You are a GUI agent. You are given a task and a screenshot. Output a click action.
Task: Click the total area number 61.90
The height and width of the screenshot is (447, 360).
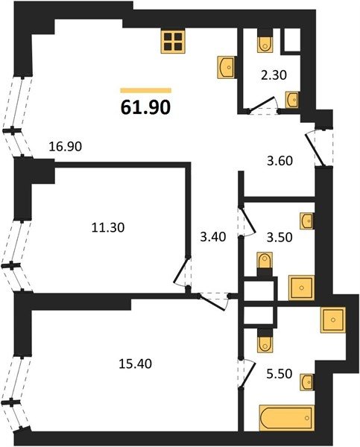pos(145,107)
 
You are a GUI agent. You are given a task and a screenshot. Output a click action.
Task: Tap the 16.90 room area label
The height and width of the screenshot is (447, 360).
pos(66,147)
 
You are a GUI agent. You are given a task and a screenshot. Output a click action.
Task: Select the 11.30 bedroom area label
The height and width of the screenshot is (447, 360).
pos(108,227)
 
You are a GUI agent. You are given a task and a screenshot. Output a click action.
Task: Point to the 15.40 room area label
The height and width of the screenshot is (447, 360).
pos(135,364)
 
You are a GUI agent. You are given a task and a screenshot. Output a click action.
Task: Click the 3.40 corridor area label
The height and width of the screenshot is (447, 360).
pos(213,237)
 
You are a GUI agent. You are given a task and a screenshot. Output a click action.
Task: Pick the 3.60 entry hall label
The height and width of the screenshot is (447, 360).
pos(280,161)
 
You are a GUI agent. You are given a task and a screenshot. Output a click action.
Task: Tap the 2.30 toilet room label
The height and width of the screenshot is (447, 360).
pos(274,75)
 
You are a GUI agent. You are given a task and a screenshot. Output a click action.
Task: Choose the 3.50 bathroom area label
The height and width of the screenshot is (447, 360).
pos(280,238)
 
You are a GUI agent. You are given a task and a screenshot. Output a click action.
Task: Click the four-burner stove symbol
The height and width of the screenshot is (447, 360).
pos(173,42)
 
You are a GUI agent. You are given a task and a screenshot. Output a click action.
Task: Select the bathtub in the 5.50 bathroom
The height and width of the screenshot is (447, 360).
pos(287,418)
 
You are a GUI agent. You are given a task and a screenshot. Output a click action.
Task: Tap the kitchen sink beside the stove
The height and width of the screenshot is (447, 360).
pos(227,67)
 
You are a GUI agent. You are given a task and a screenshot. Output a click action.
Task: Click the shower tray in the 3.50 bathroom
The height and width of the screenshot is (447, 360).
pos(302,288)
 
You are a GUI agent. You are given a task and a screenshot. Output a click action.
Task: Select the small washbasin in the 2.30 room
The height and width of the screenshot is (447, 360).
pos(292,100)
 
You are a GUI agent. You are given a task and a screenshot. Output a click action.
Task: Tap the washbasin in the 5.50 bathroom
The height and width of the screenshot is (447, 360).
pos(306,382)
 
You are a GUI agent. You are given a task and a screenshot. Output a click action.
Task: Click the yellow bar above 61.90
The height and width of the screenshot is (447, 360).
pos(145,91)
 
